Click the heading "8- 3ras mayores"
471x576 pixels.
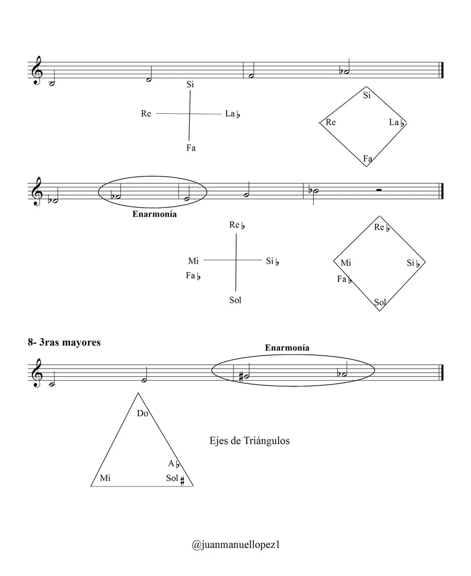pyautogui.click(x=64, y=342)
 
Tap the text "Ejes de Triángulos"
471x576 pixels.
pyautogui.click(x=249, y=441)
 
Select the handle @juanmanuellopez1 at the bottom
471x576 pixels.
pyautogui.click(x=236, y=544)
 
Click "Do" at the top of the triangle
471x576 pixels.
pyautogui.click(x=142, y=413)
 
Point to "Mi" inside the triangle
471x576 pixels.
pyautogui.click(x=105, y=478)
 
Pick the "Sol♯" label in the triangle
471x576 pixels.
pyautogui.click(x=175, y=478)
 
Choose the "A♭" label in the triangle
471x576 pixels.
pyautogui.click(x=174, y=463)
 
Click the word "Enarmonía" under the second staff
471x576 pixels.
pyautogui.click(x=155, y=214)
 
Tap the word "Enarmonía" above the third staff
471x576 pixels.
pyautogui.click(x=287, y=348)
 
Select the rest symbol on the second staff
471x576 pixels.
pyautogui.click(x=379, y=190)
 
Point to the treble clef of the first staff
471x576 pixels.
pyautogui.click(x=37, y=71)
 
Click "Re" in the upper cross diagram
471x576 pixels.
pyautogui.click(x=146, y=113)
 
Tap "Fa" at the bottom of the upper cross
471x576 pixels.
pyautogui.click(x=191, y=148)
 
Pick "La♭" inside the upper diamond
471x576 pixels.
pyautogui.click(x=397, y=122)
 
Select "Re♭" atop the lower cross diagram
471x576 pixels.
pyautogui.click(x=237, y=225)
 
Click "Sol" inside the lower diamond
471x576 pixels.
pyautogui.click(x=380, y=302)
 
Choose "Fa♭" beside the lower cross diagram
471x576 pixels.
pyautogui.click(x=193, y=276)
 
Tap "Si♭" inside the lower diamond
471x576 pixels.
pyautogui.click(x=413, y=263)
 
